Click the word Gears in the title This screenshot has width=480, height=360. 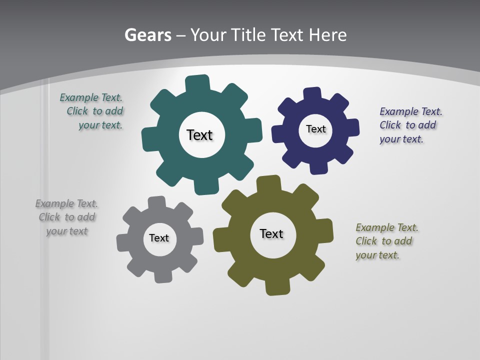click(x=147, y=35)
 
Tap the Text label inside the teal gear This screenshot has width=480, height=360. click(x=199, y=135)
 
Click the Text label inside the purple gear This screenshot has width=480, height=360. click(x=315, y=129)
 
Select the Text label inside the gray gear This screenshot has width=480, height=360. click(x=159, y=238)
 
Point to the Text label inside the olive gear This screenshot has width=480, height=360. click(x=271, y=233)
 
